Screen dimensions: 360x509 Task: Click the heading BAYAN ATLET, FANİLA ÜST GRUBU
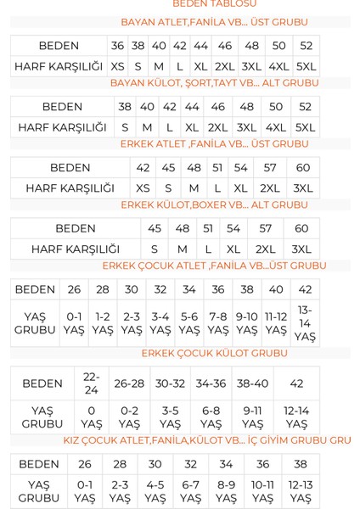(214, 22)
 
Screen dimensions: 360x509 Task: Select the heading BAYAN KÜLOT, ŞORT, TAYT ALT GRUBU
(214, 83)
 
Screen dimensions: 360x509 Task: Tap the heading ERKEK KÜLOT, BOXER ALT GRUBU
(214, 205)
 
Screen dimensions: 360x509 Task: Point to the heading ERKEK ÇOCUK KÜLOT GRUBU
(214, 353)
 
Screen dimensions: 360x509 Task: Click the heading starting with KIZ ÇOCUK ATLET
(207, 440)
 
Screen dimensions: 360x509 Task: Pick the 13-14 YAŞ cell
(305, 323)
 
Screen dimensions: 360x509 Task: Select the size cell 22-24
(92, 383)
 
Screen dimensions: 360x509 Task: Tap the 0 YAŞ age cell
(92, 417)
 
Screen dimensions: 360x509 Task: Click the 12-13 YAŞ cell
(301, 492)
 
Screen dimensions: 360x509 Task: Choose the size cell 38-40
(252, 383)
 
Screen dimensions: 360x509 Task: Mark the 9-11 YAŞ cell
(252, 417)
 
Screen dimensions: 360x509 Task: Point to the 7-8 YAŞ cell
(218, 323)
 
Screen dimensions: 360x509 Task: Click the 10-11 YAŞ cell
(263, 492)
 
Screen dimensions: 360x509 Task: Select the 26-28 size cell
(129, 383)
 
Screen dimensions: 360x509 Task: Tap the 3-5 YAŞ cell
(170, 417)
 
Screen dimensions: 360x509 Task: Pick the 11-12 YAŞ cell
(276, 323)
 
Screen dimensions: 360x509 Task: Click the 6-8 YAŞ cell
(211, 417)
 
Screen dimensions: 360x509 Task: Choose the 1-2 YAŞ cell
(103, 323)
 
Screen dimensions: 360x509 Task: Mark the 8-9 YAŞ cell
(226, 492)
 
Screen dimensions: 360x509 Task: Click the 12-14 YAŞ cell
(296, 417)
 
